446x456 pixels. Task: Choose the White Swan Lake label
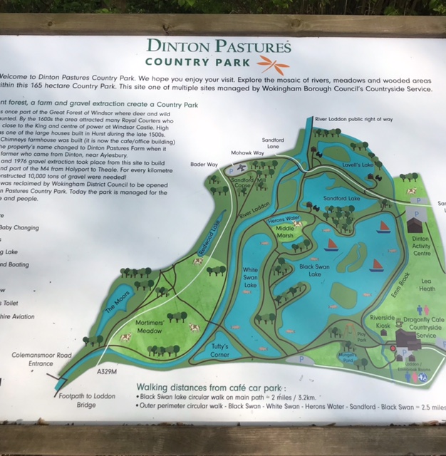point(250,277)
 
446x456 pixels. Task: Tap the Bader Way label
point(204,164)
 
